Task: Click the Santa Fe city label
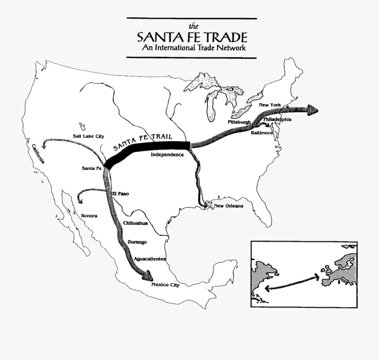tap(92, 169)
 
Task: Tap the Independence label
tap(168, 155)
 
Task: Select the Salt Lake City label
tap(88, 137)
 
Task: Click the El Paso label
tap(120, 194)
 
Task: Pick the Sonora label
tap(89, 215)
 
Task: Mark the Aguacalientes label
tap(149, 258)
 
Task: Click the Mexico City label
tap(165, 285)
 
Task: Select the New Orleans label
tap(228, 206)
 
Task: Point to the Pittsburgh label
tap(239, 122)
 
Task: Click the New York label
tap(270, 105)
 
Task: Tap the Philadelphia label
tap(277, 119)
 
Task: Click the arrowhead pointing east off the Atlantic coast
tap(312, 110)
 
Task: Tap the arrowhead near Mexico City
tap(147, 276)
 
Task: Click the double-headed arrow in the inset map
tap(291, 282)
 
